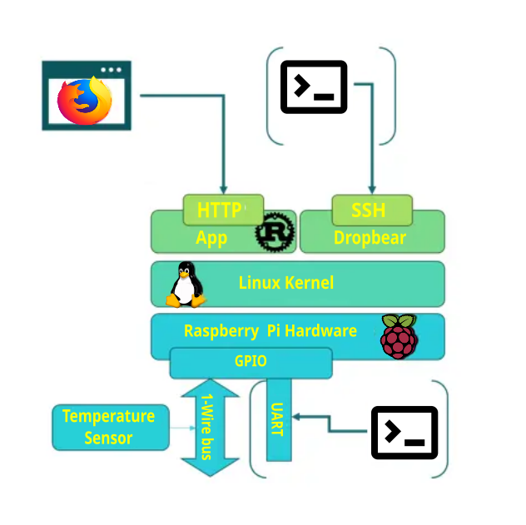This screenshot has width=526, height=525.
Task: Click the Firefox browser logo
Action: point(84,100)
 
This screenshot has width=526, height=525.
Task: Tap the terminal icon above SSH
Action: point(314,87)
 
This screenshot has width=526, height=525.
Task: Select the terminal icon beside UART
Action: point(404,433)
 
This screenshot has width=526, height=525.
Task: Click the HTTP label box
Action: point(223,209)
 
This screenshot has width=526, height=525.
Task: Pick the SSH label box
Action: point(370,210)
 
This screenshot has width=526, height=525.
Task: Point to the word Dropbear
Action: point(370,238)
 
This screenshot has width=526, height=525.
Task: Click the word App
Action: point(211,238)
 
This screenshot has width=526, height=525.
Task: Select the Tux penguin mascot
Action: point(186,285)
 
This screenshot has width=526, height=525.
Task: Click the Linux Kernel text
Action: point(285,283)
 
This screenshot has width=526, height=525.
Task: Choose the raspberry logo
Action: point(399,336)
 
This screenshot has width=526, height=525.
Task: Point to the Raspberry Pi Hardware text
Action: point(270,331)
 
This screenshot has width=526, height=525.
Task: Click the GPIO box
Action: point(251,362)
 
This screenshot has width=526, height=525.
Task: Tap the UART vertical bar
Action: point(278,419)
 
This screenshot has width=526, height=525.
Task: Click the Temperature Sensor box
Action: point(108,427)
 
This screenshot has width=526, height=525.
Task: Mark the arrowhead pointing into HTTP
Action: point(223,189)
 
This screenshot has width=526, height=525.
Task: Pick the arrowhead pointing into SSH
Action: point(371,189)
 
